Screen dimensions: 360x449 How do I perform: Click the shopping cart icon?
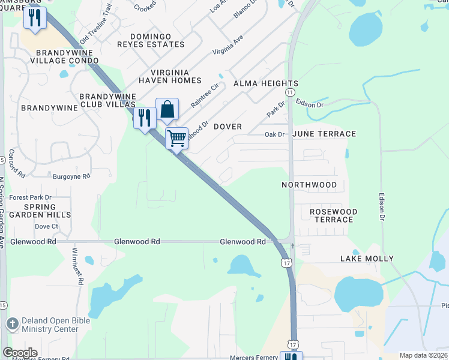click(177, 139)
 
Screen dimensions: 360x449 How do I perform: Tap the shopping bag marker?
click(167, 110)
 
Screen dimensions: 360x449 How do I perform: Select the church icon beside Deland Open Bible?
click(12, 325)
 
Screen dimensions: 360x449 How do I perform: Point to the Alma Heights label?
click(265, 83)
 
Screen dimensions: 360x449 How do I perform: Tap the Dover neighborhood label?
click(228, 127)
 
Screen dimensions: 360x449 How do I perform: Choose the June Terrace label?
click(324, 134)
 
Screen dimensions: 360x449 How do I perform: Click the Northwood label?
click(309, 185)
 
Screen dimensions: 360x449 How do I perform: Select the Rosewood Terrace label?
click(333, 215)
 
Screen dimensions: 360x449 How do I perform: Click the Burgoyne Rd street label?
click(71, 176)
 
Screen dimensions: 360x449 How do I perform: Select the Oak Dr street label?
click(274, 134)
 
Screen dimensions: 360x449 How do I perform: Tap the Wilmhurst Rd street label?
click(78, 265)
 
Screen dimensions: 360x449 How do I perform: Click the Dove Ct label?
click(46, 226)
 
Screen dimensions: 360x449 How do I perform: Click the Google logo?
click(20, 353)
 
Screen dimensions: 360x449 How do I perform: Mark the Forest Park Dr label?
click(31, 197)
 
